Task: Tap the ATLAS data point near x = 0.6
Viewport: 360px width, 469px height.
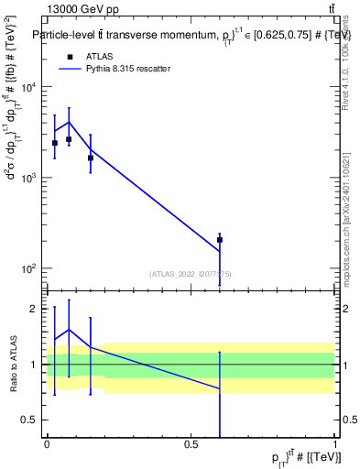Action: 220,240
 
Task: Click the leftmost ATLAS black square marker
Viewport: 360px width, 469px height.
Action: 55,143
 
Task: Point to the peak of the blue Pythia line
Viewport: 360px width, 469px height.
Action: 69,122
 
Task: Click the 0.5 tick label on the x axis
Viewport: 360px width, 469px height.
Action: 191,444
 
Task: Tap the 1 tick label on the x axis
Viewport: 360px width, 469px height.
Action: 335,444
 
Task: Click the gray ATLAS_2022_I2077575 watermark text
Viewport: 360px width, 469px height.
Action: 191,274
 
